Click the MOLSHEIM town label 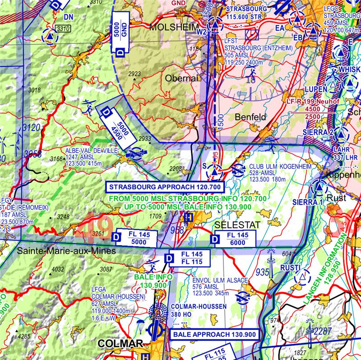(x=174, y=28)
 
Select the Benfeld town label (x=251, y=117)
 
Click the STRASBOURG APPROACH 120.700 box (x=165, y=187)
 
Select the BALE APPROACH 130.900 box (x=214, y=335)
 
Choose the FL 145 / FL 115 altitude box (x=190, y=258)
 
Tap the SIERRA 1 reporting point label (x=308, y=201)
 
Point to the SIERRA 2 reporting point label (x=318, y=132)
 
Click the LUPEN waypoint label (x=316, y=89)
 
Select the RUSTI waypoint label (x=290, y=268)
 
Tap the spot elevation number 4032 (x=58, y=269)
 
